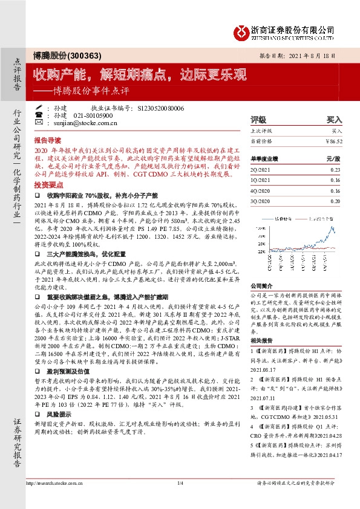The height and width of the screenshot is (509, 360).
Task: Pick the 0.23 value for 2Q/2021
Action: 336,170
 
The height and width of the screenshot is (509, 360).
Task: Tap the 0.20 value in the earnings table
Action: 336,199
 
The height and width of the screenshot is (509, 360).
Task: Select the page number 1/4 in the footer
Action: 180,483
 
